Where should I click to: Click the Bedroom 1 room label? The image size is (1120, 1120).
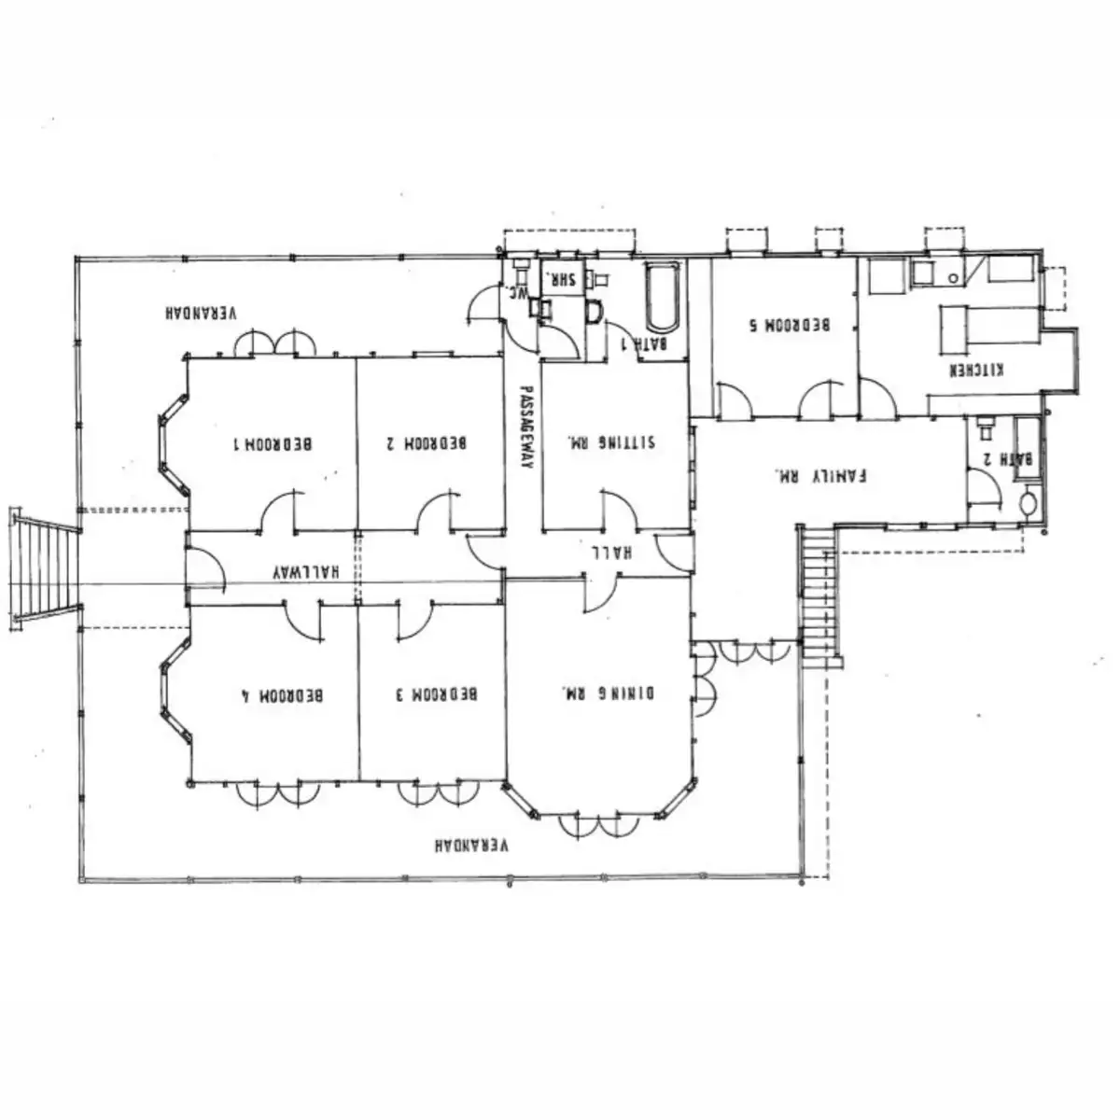click(273, 443)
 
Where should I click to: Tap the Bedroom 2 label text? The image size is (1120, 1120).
click(426, 443)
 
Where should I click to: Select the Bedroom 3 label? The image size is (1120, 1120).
click(436, 694)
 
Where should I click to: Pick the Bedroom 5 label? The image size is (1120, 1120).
click(791, 326)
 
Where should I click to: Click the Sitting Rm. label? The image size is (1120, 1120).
click(612, 441)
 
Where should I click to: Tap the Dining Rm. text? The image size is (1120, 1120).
click(608, 693)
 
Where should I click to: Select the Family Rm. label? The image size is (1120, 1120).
click(821, 474)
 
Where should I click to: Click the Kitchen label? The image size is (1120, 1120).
click(976, 371)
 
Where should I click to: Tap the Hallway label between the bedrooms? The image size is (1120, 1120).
click(305, 570)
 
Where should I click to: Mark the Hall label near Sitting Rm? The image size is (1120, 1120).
click(611, 553)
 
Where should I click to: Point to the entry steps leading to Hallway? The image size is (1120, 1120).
click(43, 569)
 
